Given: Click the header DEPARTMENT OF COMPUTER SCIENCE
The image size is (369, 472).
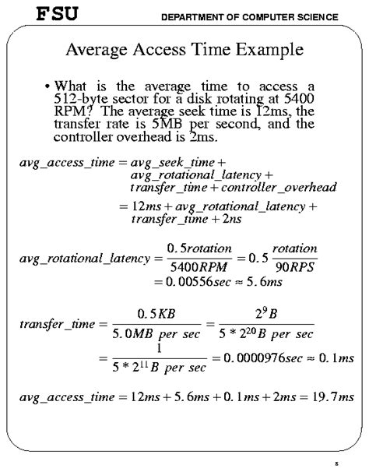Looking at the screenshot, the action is coord(249,17).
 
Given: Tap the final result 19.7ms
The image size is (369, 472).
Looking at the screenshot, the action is coord(334,397).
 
